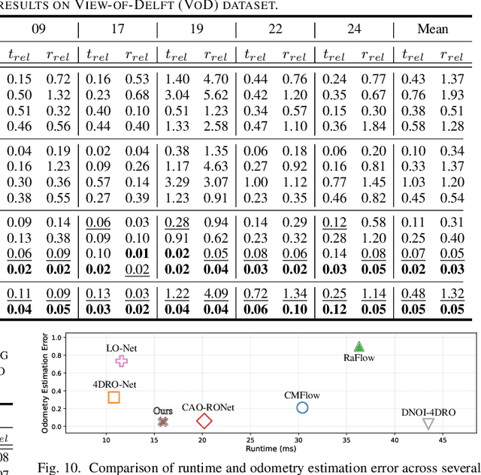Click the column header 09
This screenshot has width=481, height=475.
pos(39,29)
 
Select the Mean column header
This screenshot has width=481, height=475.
pos(432,29)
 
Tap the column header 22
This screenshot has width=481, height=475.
pos(274,29)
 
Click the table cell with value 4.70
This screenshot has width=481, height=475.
pos(216,79)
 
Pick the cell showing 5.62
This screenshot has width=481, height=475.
pos(216,95)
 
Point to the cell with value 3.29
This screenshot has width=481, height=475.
pos(177,182)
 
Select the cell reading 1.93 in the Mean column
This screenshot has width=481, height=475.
pos(452,95)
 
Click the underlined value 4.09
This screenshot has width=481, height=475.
pos(216,294)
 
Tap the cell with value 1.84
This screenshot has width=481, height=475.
pos(374,126)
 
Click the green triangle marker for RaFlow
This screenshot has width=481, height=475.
pos(359,346)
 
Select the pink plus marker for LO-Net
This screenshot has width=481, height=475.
pos(122,361)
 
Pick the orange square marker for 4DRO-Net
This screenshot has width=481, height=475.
pos(113,397)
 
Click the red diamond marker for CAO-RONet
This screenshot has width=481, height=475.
pos(204,422)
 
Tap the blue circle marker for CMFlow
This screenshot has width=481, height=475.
pos(302,407)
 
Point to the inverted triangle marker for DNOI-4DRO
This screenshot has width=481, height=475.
pos(428,424)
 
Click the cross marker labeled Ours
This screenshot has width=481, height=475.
pos(162,422)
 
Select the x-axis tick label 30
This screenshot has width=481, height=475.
pos(299,439)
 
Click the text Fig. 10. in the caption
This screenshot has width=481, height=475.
pos(59,467)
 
